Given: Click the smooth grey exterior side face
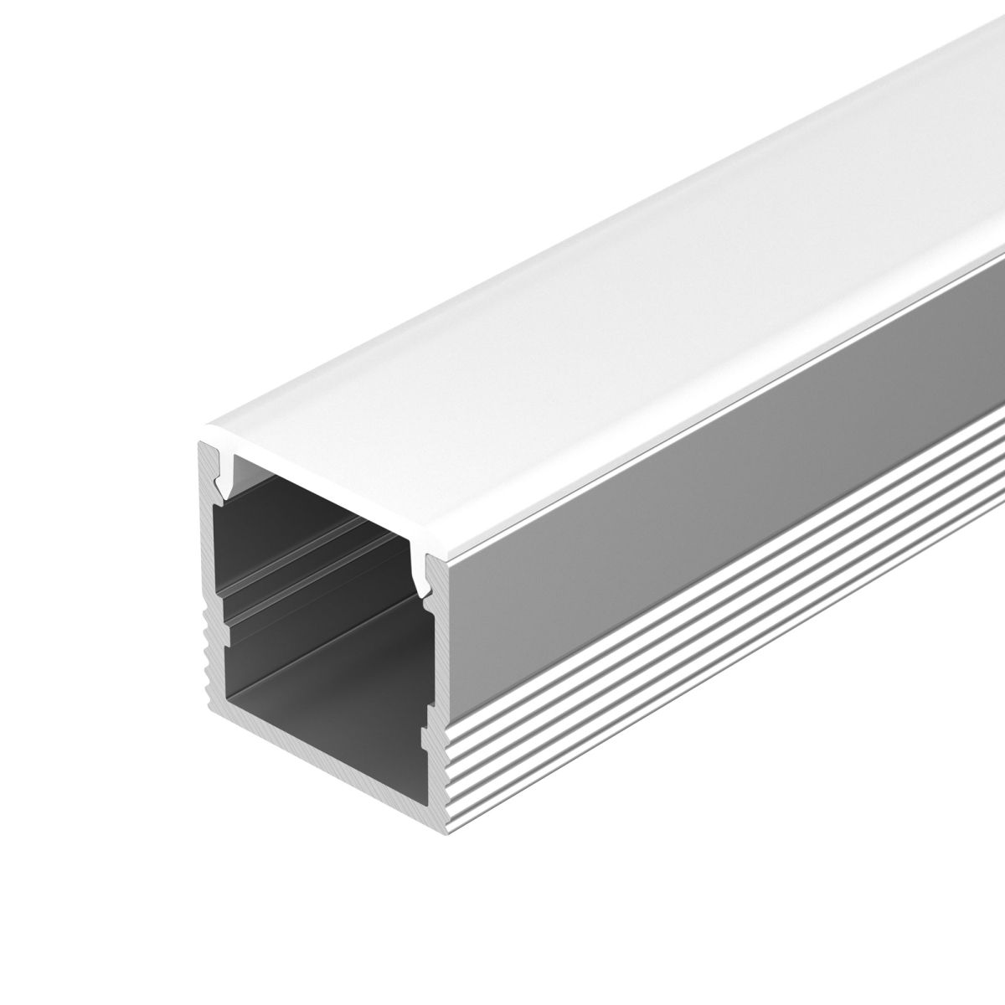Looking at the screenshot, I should click(x=670, y=502).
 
